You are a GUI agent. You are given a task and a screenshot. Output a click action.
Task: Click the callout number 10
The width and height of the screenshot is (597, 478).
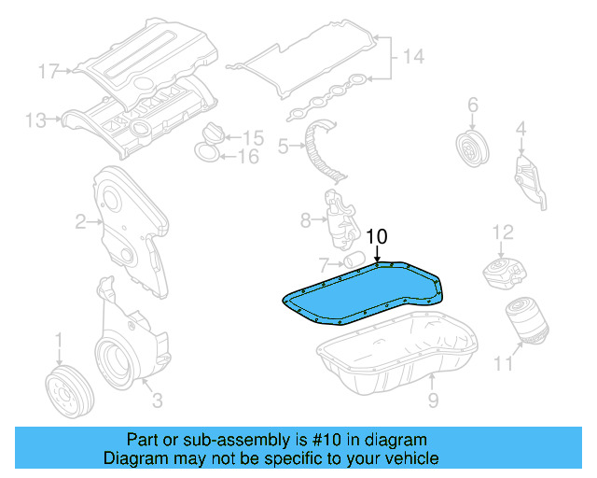tap(375, 237)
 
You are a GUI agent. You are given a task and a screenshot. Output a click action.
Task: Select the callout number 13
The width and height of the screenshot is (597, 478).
tap(35, 119)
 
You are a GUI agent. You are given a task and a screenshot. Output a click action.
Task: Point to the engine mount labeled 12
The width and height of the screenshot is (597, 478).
tap(504, 272)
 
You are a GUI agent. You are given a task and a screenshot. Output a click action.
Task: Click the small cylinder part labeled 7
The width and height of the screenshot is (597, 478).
tap(353, 258)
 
